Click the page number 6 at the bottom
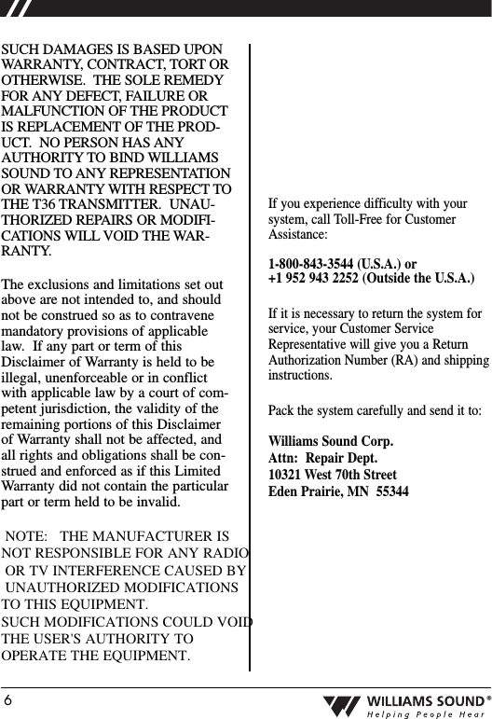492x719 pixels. point(7,699)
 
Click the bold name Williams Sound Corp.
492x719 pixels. point(330,441)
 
